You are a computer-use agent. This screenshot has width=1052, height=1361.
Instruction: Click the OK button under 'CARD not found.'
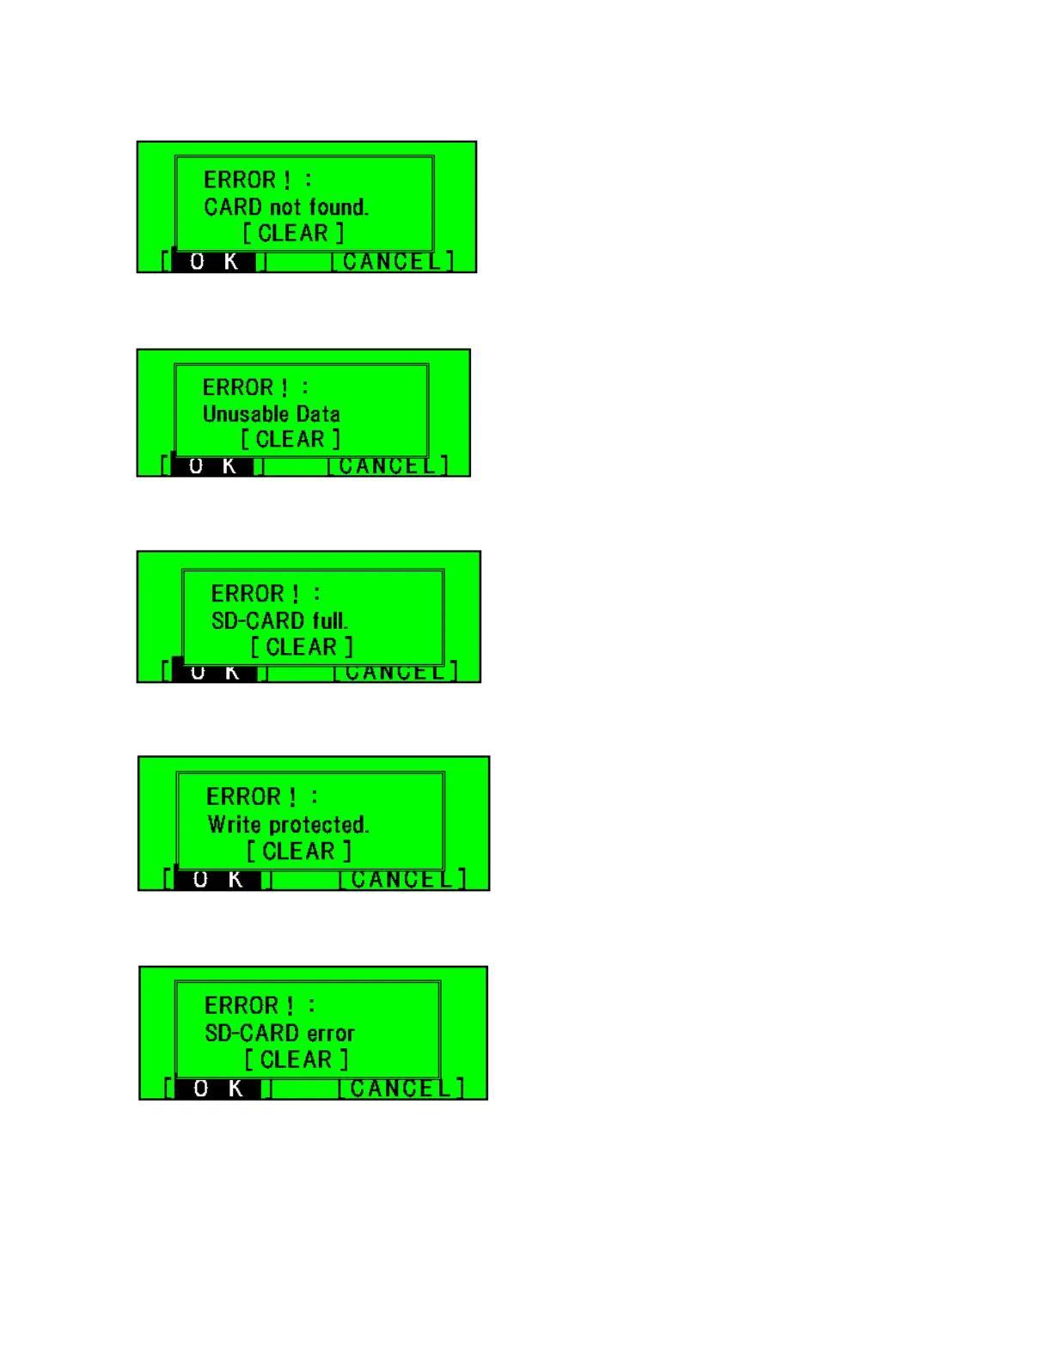pos(214,261)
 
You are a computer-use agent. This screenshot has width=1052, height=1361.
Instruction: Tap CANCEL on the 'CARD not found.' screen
pos(393,261)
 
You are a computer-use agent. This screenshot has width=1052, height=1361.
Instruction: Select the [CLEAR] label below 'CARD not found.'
pos(293,234)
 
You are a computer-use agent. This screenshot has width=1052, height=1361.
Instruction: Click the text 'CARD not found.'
pos(286,207)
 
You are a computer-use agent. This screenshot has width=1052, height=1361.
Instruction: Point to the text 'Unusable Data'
pos(272,414)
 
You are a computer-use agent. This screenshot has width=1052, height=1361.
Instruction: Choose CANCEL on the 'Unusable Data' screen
pos(388,467)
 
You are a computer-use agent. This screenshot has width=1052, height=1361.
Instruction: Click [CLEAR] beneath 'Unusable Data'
pos(291,440)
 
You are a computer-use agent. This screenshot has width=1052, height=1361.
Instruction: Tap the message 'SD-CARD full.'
pos(279,620)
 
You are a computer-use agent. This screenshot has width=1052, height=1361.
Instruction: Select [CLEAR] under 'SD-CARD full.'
pos(302,647)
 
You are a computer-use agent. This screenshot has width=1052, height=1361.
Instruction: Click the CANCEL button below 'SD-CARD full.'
pos(395,673)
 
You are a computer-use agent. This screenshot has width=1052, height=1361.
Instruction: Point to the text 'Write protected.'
pos(288,825)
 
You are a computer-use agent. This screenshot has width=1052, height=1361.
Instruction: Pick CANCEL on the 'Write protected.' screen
pos(401,880)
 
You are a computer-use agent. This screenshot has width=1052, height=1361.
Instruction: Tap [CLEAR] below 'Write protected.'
pos(299,851)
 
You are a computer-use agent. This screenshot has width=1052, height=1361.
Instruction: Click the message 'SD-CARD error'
pos(279,1034)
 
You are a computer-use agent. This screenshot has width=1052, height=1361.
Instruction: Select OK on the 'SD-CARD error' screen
pos(218,1089)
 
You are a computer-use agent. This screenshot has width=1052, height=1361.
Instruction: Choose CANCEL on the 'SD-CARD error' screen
pos(401,1089)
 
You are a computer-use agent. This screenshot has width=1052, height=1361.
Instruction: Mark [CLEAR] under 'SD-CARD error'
pos(297,1060)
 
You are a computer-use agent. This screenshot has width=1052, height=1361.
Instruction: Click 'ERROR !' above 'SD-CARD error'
pos(248,1005)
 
